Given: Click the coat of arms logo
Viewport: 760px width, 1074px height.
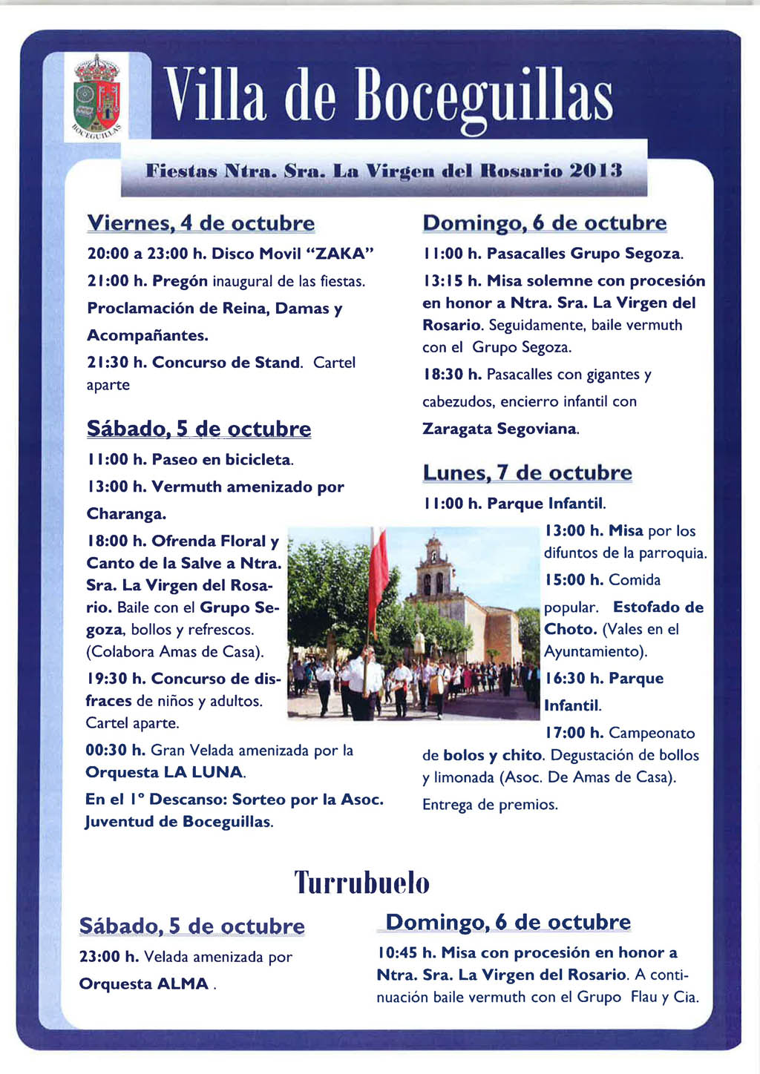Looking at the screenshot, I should (96, 96).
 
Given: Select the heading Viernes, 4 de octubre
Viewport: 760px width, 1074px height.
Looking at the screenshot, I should (200, 223).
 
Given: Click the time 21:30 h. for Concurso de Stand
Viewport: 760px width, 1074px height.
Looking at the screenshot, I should (117, 363).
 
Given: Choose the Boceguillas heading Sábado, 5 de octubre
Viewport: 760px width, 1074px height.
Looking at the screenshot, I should (198, 429).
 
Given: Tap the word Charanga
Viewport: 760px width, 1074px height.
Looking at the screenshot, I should (126, 514).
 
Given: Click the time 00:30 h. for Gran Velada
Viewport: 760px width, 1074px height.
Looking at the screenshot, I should (115, 751).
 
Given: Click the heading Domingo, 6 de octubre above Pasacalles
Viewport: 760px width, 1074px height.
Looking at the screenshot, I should (544, 223).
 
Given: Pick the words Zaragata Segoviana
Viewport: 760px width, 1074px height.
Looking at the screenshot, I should (499, 429).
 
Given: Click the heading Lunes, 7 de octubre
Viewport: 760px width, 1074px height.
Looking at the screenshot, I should (527, 472).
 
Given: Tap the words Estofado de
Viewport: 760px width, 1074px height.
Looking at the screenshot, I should (658, 607).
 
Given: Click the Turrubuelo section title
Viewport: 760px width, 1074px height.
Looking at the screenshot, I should (362, 883).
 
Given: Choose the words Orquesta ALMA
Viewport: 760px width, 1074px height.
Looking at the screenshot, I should (144, 984).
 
